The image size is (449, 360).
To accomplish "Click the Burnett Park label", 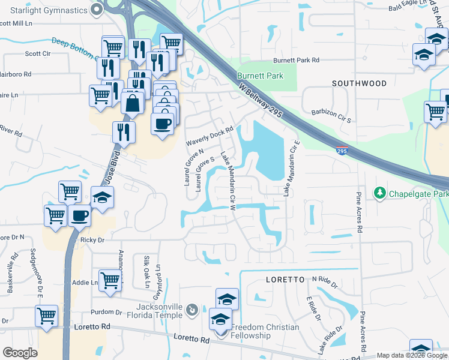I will pos(259,76).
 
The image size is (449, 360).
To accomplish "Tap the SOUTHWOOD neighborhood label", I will pos(360,83).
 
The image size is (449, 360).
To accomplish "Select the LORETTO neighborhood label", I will pos(286,280).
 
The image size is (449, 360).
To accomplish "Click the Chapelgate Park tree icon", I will pos(379,193).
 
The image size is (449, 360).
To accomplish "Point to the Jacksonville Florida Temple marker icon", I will pos(191,310).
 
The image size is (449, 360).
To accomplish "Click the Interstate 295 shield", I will pos(342,149).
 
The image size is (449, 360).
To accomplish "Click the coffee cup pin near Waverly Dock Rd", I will pos(162,124).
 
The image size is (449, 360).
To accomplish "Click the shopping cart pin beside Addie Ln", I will pos(110,280).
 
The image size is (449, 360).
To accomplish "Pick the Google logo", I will pos(20,353).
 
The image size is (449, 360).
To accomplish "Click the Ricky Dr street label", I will pos(92,239).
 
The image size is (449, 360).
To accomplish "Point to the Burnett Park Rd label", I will pos(297,61).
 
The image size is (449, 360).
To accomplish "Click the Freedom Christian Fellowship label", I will pos(265,331).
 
